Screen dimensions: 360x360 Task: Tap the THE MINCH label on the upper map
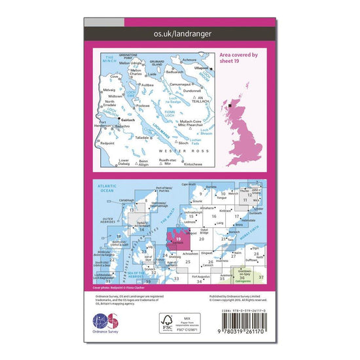109,58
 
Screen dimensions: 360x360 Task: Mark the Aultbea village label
147,85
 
